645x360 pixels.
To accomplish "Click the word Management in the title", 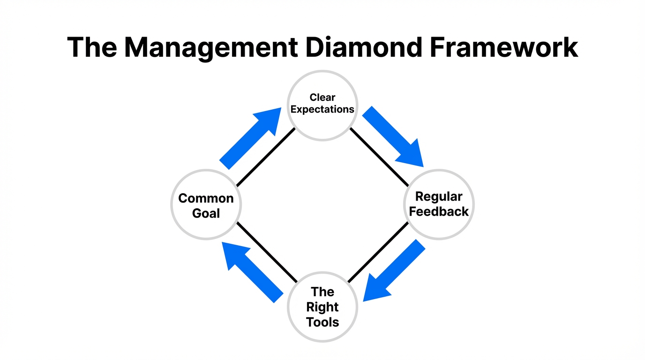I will [210, 47].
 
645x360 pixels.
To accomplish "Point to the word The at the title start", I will [92, 47].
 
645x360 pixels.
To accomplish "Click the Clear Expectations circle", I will [322, 105].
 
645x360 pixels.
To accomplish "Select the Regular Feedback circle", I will [439, 205].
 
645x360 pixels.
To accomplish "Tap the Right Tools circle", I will [322, 307].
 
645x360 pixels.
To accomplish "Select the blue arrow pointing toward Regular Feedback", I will [394, 138].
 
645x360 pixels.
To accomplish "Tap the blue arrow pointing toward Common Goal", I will [251, 272].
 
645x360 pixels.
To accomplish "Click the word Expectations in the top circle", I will [322, 110].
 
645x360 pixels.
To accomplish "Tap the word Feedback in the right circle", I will [439, 212].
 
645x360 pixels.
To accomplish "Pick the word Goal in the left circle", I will [206, 214].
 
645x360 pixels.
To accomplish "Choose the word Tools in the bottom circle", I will [322, 322].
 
